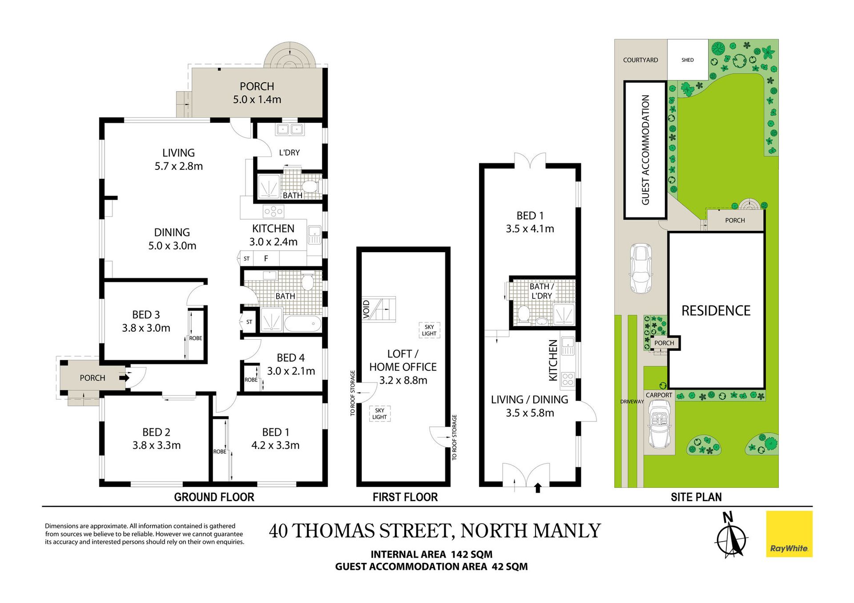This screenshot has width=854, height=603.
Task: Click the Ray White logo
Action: pyautogui.click(x=789, y=534)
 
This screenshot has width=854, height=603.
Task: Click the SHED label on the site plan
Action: pyautogui.click(x=687, y=60)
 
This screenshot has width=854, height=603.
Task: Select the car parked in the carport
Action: pyautogui.click(x=659, y=425)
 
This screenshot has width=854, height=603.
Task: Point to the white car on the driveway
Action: pyautogui.click(x=640, y=268)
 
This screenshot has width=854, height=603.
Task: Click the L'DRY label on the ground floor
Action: pyautogui.click(x=289, y=153)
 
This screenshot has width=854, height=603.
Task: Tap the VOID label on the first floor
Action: pyautogui.click(x=366, y=309)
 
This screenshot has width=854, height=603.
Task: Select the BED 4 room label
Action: pyautogui.click(x=290, y=358)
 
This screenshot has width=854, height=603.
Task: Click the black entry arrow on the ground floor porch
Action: pyautogui.click(x=124, y=378)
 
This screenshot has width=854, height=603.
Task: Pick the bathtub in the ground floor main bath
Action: pyautogui.click(x=302, y=323)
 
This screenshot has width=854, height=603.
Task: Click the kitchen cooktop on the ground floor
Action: pyautogui.click(x=273, y=211)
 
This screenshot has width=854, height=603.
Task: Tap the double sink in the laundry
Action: pyautogui.click(x=290, y=129)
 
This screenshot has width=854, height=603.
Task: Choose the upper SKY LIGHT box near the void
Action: pyautogui.click(x=429, y=330)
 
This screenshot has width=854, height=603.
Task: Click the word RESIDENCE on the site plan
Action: pyautogui.click(x=716, y=310)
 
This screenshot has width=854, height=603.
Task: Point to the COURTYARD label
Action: pyautogui.click(x=640, y=60)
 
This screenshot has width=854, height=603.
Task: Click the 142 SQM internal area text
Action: pyautogui.click(x=471, y=555)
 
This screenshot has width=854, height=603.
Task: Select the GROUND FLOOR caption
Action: pyautogui.click(x=214, y=497)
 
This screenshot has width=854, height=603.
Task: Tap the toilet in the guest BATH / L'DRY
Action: pyautogui.click(x=524, y=314)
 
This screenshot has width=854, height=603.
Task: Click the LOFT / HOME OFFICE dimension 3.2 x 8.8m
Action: pyautogui.click(x=403, y=380)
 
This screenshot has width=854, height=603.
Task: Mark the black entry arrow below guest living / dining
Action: pyautogui.click(x=538, y=488)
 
